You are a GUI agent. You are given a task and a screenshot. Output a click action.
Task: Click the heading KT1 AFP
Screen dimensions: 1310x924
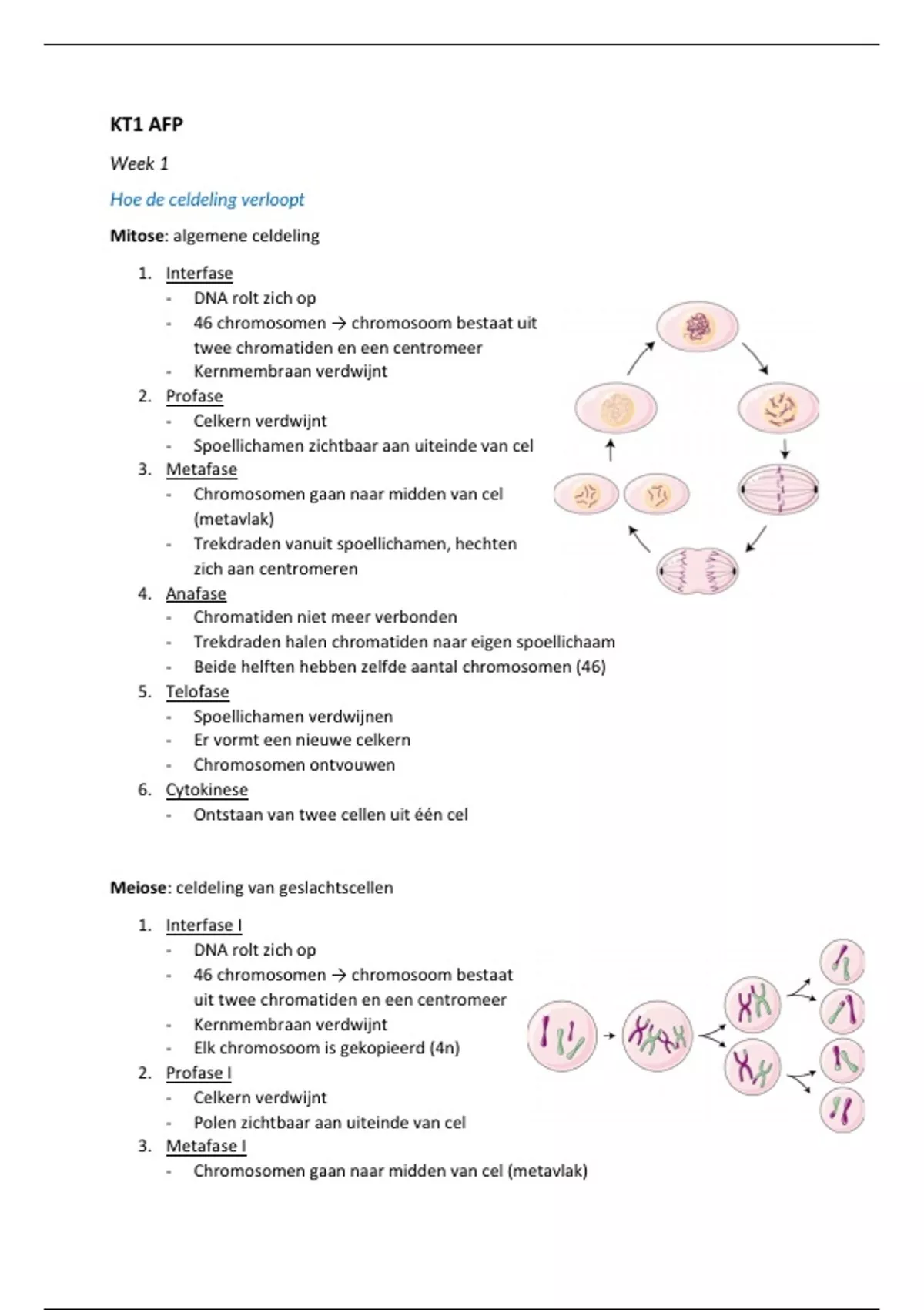point(146,125)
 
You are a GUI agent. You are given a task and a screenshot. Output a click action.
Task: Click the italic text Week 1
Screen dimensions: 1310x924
point(139,163)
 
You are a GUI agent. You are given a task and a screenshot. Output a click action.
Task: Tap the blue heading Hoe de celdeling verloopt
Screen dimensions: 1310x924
point(207,200)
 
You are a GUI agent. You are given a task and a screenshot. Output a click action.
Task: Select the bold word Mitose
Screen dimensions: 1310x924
point(137,236)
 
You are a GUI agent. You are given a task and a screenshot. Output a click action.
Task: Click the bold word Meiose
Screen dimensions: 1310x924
point(139,888)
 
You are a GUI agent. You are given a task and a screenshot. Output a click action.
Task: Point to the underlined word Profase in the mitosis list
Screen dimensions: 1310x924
point(194,396)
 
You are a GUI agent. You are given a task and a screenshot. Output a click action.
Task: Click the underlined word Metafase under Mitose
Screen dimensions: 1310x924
point(201,469)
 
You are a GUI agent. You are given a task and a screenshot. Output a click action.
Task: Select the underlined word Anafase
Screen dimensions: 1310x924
point(196,593)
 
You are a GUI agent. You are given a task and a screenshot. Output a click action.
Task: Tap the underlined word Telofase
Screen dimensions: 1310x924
point(197,691)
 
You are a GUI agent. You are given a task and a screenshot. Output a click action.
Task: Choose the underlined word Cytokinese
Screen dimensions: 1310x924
point(206,790)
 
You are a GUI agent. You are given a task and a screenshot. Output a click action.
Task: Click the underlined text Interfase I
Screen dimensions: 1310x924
point(203,925)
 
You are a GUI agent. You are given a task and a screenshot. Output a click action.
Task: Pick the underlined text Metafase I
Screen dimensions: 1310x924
point(206,1146)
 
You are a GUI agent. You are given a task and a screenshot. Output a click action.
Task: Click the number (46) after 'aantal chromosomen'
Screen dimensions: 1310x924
point(591,667)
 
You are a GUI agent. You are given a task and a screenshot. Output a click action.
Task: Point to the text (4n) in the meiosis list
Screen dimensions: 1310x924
point(444,1048)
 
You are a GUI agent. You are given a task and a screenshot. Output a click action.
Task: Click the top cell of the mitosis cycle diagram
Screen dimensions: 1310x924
point(698,327)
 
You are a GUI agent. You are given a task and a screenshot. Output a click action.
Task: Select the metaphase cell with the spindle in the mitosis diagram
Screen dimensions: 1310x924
point(778,489)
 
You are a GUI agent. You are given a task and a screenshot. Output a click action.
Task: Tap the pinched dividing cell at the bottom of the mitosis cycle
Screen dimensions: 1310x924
point(698,571)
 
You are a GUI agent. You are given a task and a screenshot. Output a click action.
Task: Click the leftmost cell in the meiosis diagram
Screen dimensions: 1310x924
point(562,1036)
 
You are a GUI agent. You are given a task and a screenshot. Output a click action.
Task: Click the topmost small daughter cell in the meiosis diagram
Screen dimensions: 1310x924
point(842,962)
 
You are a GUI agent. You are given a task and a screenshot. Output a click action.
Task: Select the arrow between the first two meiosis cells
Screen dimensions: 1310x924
point(609,1036)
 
